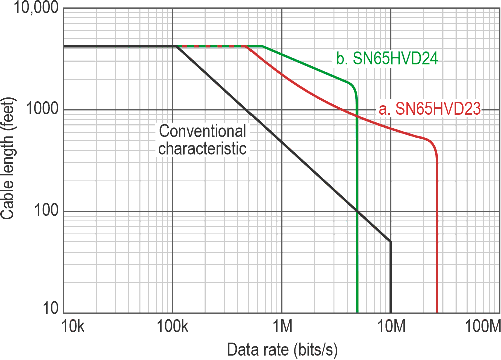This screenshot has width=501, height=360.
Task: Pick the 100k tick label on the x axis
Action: [x=172, y=328]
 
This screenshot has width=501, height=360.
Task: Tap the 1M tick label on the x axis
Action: [x=282, y=328]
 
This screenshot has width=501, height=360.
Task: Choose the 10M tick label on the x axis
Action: [x=390, y=328]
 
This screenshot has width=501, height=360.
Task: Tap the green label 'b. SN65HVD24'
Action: [x=387, y=59]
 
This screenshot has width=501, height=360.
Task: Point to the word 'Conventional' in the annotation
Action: [x=202, y=132]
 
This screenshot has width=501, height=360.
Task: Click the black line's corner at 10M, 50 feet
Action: [x=390, y=242]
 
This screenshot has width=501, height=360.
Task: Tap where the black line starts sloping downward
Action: [x=176, y=46]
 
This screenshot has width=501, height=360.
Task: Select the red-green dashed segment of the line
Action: [x=210, y=46]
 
